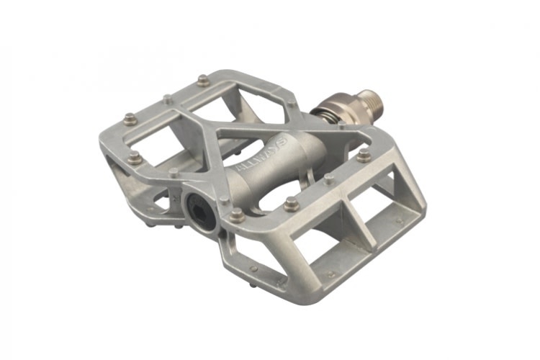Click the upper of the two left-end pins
coord(130,119)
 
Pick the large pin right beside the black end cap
coord(236,214)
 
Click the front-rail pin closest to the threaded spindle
coord(364,154)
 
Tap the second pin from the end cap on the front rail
coord(291,204)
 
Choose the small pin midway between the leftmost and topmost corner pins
coord(168,99)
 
